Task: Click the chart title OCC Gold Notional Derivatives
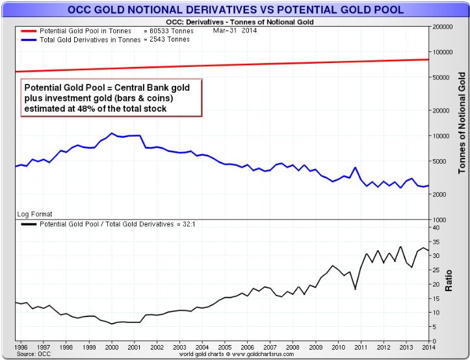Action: [235, 10]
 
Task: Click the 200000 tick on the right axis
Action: [444, 27]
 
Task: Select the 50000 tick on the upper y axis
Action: [442, 77]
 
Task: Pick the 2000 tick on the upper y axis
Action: [440, 194]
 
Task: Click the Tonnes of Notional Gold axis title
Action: [463, 123]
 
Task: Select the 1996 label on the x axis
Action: [21, 347]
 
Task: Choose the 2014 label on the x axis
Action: [427, 347]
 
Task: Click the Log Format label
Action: [34, 214]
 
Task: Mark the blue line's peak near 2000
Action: [112, 133]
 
